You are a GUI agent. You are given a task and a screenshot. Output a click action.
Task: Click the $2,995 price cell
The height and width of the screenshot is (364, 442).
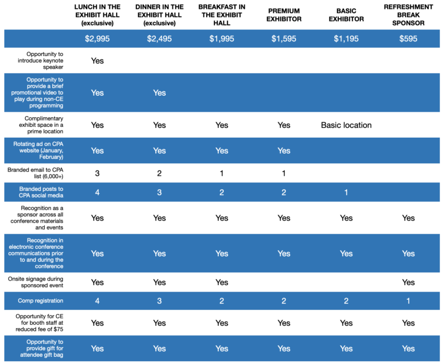pos(97,39)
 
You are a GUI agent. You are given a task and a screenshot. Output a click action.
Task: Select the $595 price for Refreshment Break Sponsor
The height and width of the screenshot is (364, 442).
pos(408,39)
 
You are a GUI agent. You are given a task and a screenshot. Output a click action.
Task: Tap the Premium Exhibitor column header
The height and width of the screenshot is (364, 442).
pos(284,15)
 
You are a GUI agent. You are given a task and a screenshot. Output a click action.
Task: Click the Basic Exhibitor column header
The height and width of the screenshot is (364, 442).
pos(346,15)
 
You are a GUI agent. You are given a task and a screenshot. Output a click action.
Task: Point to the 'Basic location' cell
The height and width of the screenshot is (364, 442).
pos(346,125)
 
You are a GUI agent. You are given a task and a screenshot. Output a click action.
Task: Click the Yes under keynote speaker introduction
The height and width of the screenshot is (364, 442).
pos(97,61)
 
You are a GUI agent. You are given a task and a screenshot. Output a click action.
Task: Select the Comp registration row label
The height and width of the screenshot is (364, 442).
pos(40,301)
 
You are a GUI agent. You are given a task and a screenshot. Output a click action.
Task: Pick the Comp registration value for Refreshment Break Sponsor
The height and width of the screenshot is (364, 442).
pos(408,301)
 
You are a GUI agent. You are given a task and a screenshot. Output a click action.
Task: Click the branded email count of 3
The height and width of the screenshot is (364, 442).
pos(97,173)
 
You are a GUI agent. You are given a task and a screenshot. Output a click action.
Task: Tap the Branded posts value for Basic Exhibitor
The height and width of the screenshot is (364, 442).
pos(346,193)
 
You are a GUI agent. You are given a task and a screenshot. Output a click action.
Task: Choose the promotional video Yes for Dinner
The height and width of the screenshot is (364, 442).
pos(160,93)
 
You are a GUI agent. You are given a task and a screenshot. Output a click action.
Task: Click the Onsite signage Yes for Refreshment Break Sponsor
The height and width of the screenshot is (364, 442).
pos(408,282)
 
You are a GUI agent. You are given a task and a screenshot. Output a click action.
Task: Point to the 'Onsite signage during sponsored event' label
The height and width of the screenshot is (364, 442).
pos(35,282)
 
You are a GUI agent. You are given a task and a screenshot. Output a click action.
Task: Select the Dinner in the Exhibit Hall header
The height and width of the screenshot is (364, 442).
pos(160,15)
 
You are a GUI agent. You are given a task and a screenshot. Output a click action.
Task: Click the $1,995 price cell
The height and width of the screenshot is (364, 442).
pos(222,39)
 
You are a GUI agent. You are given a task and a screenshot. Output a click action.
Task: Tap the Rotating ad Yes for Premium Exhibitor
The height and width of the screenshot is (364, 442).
pos(284,150)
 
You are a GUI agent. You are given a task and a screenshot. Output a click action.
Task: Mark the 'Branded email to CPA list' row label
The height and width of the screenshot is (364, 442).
pos(35,173)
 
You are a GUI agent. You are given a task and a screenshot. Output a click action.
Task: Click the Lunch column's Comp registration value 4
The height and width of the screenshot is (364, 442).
pos(97,301)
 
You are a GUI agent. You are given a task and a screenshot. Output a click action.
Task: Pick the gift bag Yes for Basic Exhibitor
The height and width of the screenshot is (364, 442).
pos(346,349)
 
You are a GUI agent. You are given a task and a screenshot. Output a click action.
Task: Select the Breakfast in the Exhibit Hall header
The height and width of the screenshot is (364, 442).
pos(222,15)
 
